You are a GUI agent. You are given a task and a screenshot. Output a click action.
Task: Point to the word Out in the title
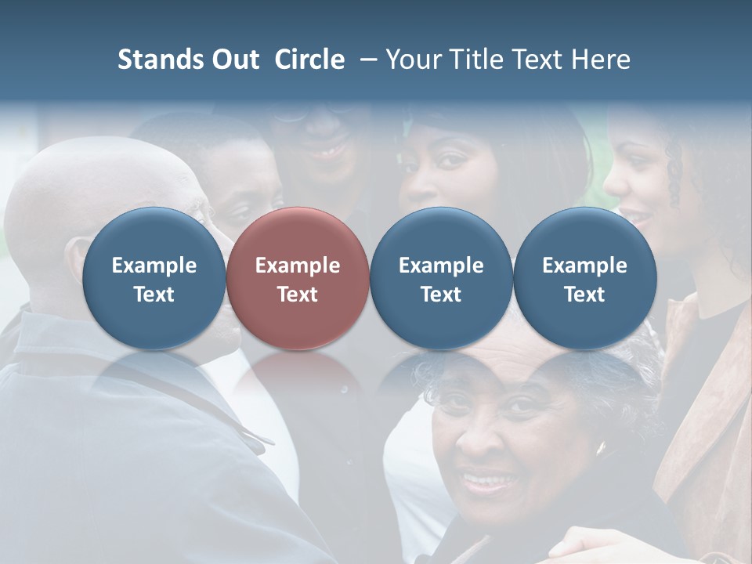233,60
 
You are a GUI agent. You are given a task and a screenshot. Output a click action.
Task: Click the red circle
298,279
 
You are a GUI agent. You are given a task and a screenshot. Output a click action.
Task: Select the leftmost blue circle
154,279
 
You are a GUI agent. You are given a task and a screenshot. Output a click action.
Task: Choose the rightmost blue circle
584,279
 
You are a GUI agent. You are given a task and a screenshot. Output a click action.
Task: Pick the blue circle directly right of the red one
441,279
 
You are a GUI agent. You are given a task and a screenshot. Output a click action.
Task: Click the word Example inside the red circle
298,266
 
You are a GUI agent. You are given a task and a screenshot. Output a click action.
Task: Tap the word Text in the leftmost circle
154,295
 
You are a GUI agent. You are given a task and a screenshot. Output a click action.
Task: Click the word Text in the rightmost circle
584,295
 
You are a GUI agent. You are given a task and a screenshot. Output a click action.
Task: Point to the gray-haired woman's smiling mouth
487,479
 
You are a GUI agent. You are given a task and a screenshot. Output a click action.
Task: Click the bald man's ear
78,258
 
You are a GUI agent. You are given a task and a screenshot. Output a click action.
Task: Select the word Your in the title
411,60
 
